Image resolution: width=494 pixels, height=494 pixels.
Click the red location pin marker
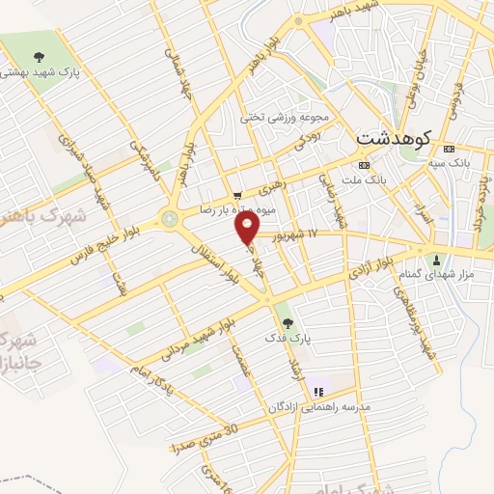coord(248,228)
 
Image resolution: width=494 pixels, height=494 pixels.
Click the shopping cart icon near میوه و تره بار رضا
coord(237,194)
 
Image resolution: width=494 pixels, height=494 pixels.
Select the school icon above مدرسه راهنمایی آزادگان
coord(319,393)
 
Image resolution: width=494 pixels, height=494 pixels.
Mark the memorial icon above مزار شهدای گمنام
coord(436,259)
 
